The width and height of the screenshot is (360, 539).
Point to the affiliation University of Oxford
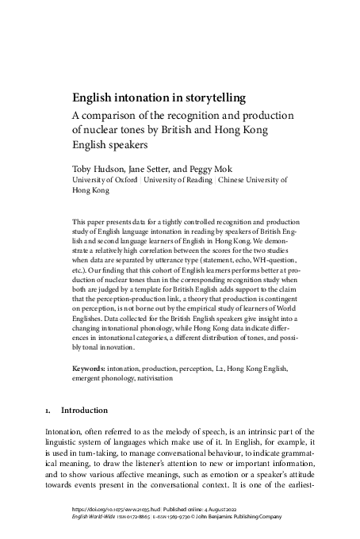101,181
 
